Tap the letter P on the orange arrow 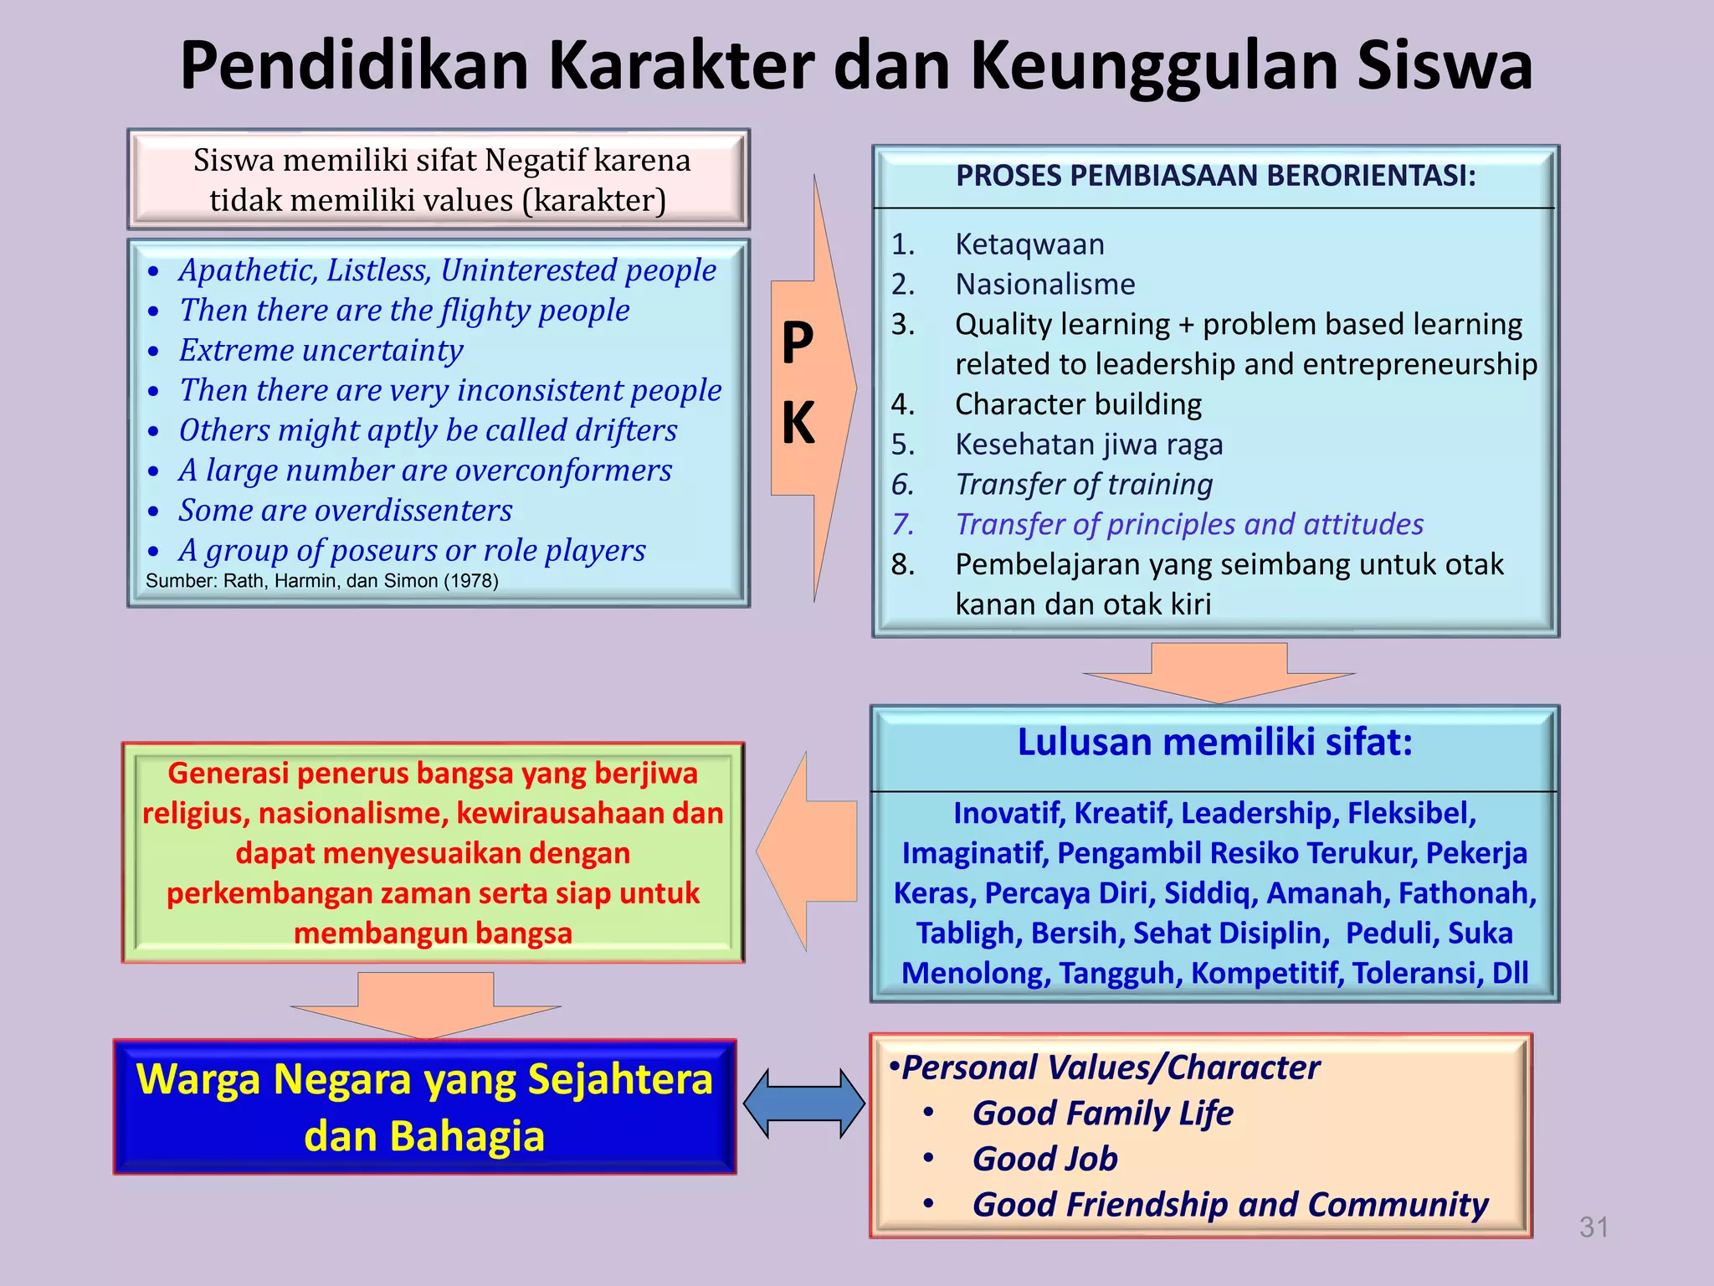(798, 342)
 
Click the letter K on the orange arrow (798, 423)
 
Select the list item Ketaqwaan (1029, 244)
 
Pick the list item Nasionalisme (1045, 285)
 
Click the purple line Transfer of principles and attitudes (1189, 524)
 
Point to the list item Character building (1078, 404)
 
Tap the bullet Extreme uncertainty (321, 350)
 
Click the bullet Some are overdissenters (345, 511)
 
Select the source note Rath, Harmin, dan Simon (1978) (322, 581)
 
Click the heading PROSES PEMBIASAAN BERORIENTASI (1215, 176)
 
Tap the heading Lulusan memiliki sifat (1214, 743)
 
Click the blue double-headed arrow (803, 1103)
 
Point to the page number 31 (1593, 1227)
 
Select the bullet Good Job (1044, 1159)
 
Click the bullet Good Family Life (1102, 1114)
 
